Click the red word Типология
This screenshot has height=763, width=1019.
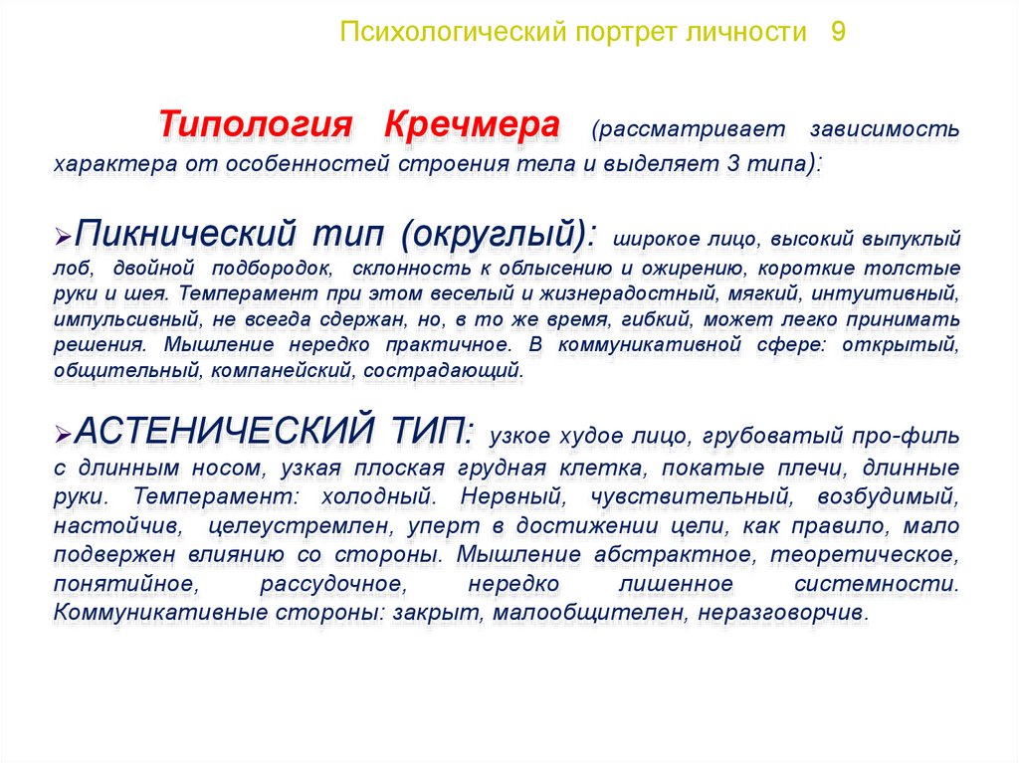(x=256, y=124)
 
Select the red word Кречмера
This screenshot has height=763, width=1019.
(x=472, y=123)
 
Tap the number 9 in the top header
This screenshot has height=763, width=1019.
(x=838, y=32)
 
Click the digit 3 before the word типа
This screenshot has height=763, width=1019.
(x=733, y=162)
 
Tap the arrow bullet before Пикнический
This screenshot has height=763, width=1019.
(x=63, y=237)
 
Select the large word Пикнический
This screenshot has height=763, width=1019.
(x=186, y=233)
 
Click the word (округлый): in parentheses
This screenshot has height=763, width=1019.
(x=498, y=234)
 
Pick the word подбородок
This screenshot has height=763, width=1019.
(x=273, y=268)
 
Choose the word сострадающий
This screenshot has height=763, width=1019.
(x=443, y=371)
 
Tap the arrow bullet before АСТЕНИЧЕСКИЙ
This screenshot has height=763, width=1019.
(x=63, y=434)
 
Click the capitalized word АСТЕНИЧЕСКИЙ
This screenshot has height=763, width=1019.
(x=225, y=429)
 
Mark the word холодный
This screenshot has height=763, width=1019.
(x=377, y=497)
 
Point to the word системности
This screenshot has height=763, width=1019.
(x=877, y=584)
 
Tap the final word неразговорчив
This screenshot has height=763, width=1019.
(x=783, y=612)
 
